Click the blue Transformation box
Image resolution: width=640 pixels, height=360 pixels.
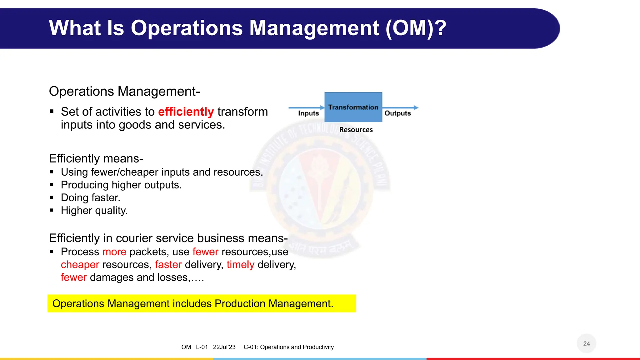[353, 107]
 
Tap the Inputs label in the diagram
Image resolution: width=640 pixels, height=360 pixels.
[308, 113]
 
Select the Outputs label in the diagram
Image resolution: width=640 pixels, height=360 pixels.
[397, 113]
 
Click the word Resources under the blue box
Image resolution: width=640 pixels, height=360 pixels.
[356, 130]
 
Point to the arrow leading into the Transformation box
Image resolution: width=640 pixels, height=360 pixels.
[306, 107]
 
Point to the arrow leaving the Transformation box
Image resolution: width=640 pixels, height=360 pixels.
[400, 107]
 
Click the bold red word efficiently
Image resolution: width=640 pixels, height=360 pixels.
[186, 112]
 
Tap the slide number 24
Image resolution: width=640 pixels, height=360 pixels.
[586, 343]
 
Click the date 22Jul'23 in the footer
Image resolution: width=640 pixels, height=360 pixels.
[224, 347]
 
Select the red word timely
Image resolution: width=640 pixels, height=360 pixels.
[240, 265]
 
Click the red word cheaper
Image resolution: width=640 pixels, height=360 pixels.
[80, 265]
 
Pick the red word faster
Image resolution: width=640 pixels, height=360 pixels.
[168, 265]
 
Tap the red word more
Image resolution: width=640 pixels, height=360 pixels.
[114, 252]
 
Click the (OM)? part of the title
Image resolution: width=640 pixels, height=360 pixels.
[416, 28]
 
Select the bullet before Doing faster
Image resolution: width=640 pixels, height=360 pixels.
[52, 197]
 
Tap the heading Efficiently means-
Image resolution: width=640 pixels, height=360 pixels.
[96, 158]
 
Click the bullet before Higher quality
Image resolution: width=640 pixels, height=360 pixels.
[52, 210]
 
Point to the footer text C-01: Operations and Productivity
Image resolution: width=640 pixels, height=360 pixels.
[288, 347]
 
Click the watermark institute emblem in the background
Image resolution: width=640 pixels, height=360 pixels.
[320, 191]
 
